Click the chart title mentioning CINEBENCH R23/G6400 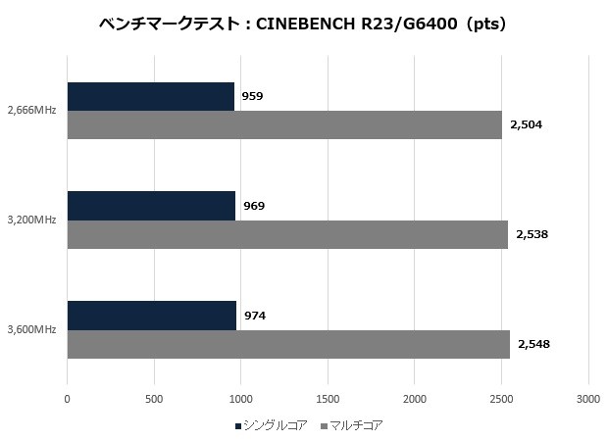303,24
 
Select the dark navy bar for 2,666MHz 151,96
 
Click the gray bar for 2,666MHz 284,124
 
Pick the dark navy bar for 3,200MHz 151,206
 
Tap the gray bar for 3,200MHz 287,234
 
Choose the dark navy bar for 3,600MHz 152,316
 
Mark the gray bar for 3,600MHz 288,344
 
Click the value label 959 252,96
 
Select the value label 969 253,206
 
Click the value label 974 254,316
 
